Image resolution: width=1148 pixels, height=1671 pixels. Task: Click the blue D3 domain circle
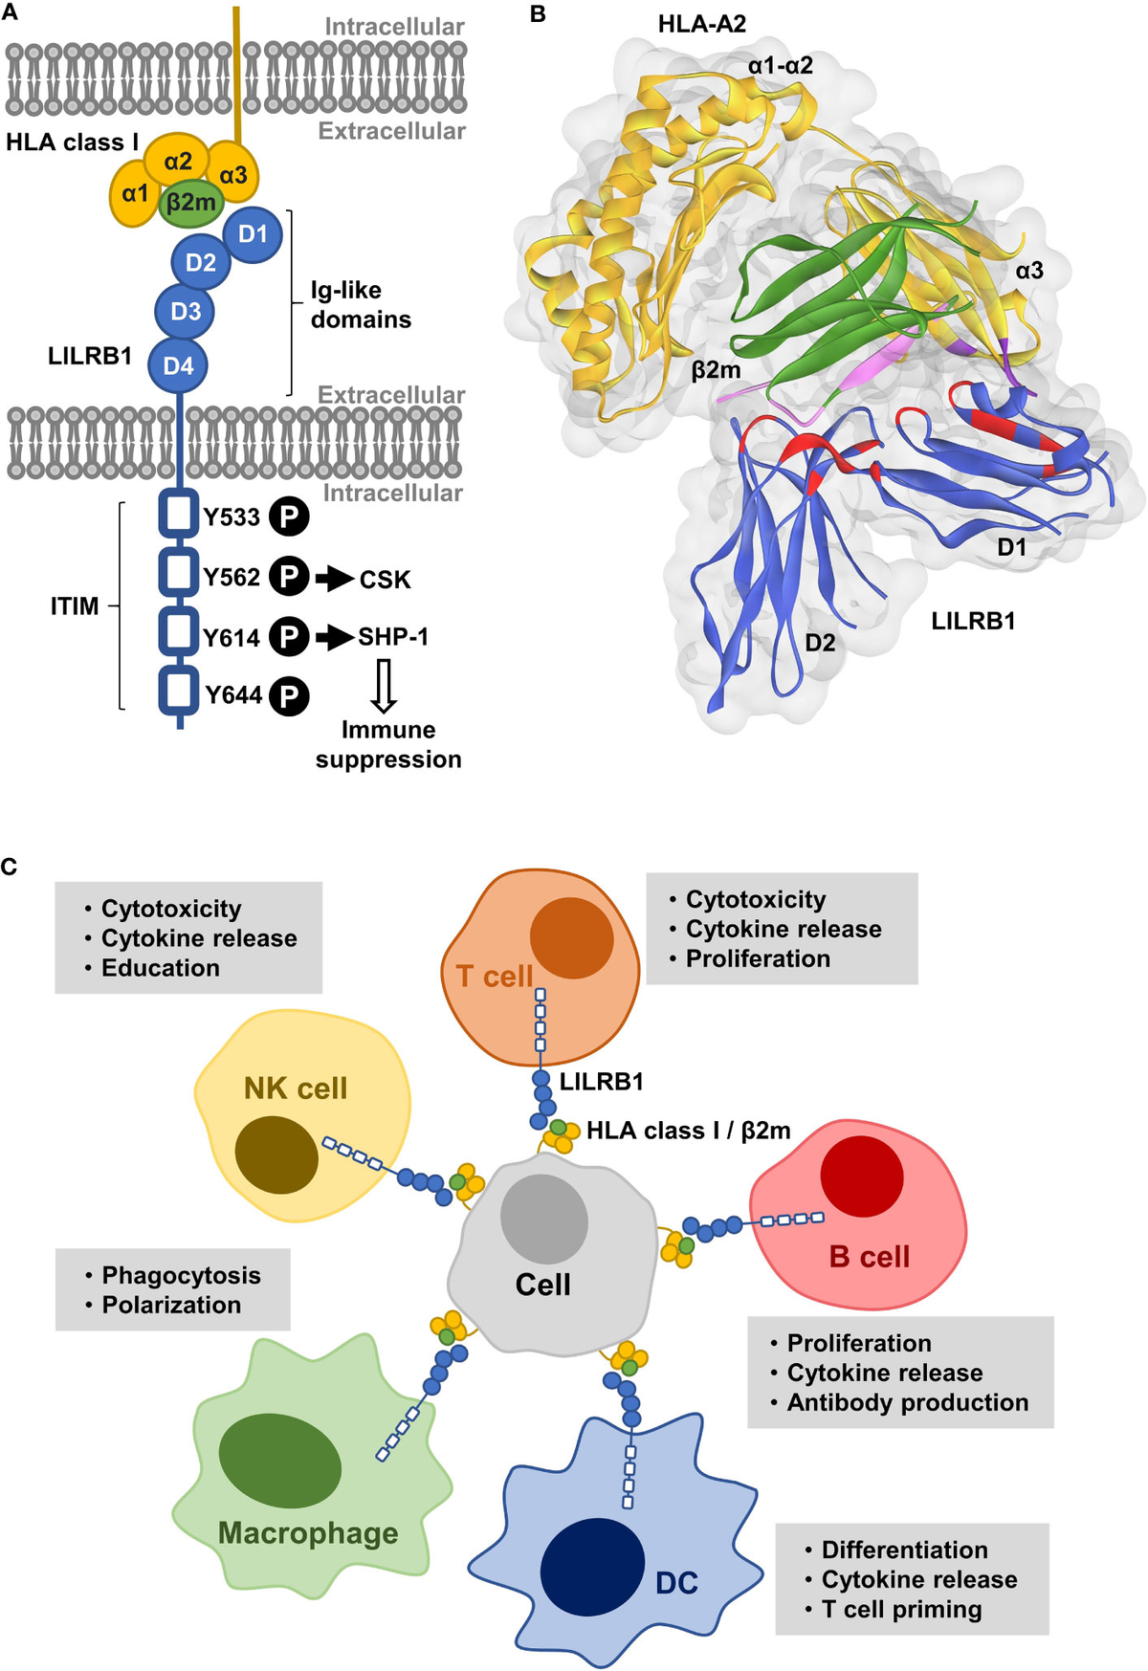click(x=185, y=312)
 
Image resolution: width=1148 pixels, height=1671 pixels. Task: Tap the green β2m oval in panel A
click(x=191, y=203)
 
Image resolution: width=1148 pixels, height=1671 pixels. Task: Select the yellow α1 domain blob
click(x=135, y=195)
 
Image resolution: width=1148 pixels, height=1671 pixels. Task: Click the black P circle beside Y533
click(x=288, y=517)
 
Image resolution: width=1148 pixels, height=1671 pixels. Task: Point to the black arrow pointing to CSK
click(x=334, y=578)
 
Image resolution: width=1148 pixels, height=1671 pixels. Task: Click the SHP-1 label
click(x=393, y=637)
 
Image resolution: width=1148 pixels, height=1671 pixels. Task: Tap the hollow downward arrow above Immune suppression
click(x=384, y=686)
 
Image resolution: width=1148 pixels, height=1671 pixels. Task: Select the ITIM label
click(x=75, y=606)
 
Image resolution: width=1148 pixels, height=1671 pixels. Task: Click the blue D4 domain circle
click(x=178, y=365)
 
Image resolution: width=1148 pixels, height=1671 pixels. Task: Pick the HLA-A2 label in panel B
click(x=701, y=24)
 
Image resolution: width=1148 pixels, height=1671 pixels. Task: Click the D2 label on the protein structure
click(x=820, y=642)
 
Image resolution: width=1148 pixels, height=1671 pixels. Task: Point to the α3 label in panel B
click(x=1029, y=271)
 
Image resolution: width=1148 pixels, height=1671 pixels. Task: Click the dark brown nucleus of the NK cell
click(x=276, y=1154)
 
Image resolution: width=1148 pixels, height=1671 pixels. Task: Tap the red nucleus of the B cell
click(x=862, y=1176)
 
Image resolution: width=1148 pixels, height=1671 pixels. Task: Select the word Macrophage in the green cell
click(x=308, y=1533)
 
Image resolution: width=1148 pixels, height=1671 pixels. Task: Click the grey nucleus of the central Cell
click(x=543, y=1220)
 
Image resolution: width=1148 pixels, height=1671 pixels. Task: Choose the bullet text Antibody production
click(x=907, y=1402)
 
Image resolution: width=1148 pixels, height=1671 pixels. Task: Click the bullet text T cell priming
click(x=901, y=1610)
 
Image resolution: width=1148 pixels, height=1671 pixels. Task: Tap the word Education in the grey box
click(x=161, y=968)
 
